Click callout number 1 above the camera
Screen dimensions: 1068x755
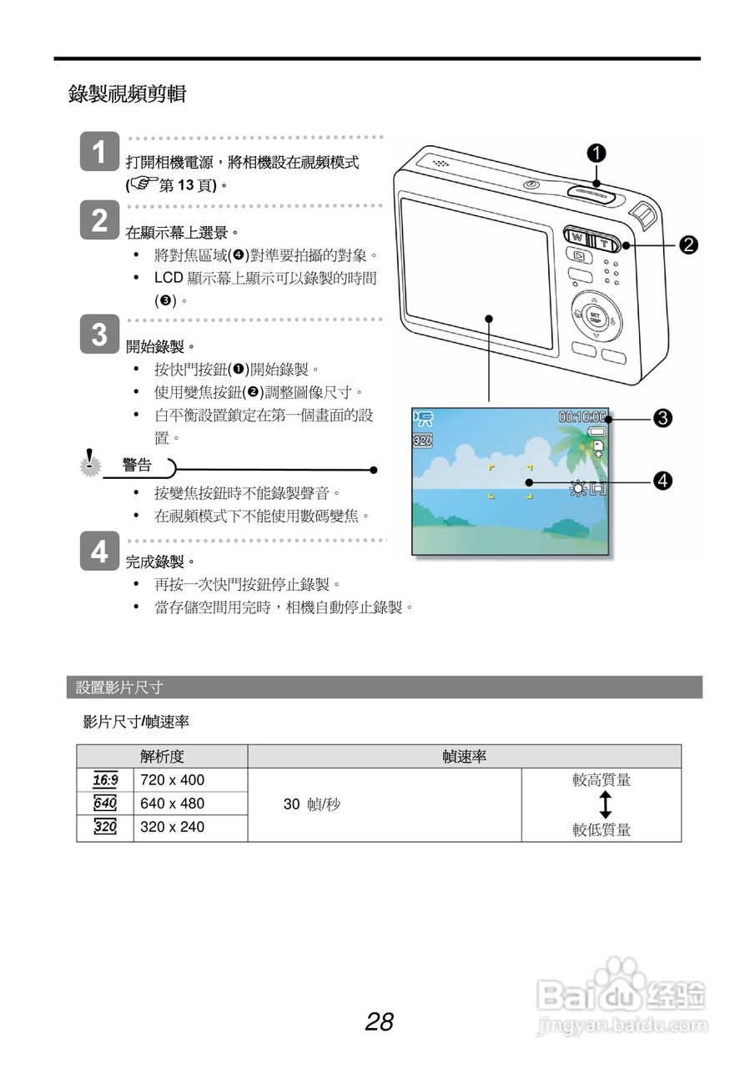pyautogui.click(x=596, y=153)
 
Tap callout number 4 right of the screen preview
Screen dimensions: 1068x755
pyautogui.click(x=663, y=481)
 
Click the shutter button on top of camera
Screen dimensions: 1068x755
pyautogui.click(x=594, y=194)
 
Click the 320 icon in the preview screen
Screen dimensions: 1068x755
pyautogui.click(x=423, y=440)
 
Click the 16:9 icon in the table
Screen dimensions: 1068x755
pyautogui.click(x=105, y=780)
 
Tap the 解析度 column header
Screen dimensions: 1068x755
pyautogui.click(x=162, y=757)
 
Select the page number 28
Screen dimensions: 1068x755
pyautogui.click(x=379, y=1021)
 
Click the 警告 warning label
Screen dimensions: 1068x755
pyautogui.click(x=137, y=466)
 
